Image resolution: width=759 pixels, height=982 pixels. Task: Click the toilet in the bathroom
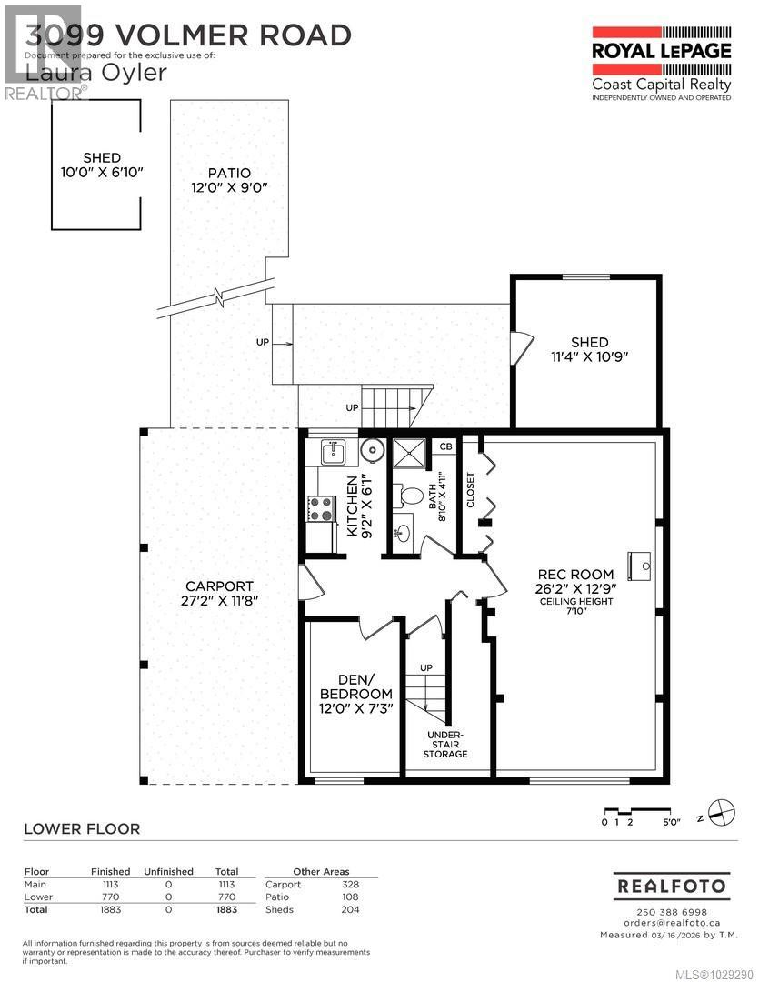[410, 496]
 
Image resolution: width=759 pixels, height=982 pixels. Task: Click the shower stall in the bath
[409, 454]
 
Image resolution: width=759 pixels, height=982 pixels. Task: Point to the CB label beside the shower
[445, 446]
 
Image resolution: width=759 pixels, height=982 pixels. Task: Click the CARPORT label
[219, 586]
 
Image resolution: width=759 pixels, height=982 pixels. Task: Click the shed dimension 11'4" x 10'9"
[589, 356]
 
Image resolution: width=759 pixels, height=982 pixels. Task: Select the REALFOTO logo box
[672, 885]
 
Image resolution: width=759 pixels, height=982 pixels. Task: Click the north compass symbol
[721, 812]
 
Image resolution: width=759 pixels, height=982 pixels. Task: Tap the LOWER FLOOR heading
[82, 828]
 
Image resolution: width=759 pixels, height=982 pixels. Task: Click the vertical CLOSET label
[470, 490]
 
